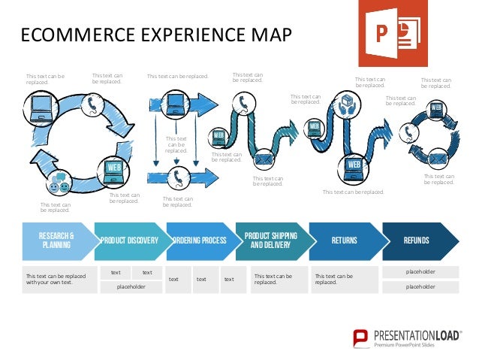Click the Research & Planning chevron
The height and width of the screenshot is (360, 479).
pos(56,241)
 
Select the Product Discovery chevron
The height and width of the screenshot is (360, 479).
pos(130,241)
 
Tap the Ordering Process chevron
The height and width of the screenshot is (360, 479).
pos(200,241)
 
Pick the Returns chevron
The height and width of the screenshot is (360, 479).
pos(344,241)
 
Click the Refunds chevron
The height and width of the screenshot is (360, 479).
pos(417,241)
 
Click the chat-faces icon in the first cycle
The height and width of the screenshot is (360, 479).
pos(58,185)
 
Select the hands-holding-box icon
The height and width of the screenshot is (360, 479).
pos(346,104)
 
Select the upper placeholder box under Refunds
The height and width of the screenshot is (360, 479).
pos(420,271)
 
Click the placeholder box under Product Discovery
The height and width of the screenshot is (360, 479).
pos(131,286)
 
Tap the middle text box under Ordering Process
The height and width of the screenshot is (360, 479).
pos(201,279)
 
